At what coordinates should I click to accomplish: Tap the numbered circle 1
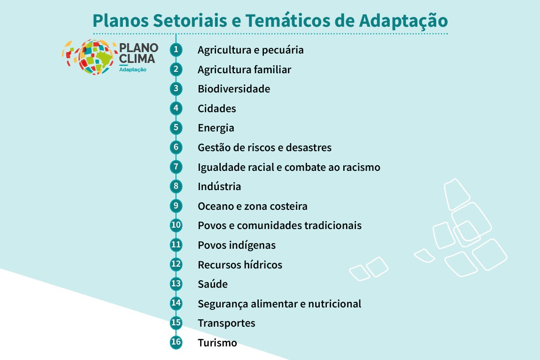tap(176, 49)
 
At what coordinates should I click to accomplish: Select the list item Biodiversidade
tap(234, 89)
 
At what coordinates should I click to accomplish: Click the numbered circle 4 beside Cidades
tap(176, 108)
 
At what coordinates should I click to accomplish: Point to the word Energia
tap(216, 128)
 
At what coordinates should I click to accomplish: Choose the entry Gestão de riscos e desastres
tap(264, 147)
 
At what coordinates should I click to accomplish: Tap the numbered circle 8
tap(176, 186)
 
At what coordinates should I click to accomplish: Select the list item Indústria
tap(219, 186)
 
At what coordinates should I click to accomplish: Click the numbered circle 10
tap(176, 225)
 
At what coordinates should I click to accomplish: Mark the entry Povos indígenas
tap(237, 245)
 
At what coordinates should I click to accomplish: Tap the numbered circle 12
tap(176, 264)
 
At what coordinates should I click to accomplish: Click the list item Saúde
tap(213, 284)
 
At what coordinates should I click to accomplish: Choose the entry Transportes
tap(226, 323)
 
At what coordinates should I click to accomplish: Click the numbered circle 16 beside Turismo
tap(176, 342)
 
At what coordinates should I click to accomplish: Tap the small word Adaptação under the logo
tap(133, 70)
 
